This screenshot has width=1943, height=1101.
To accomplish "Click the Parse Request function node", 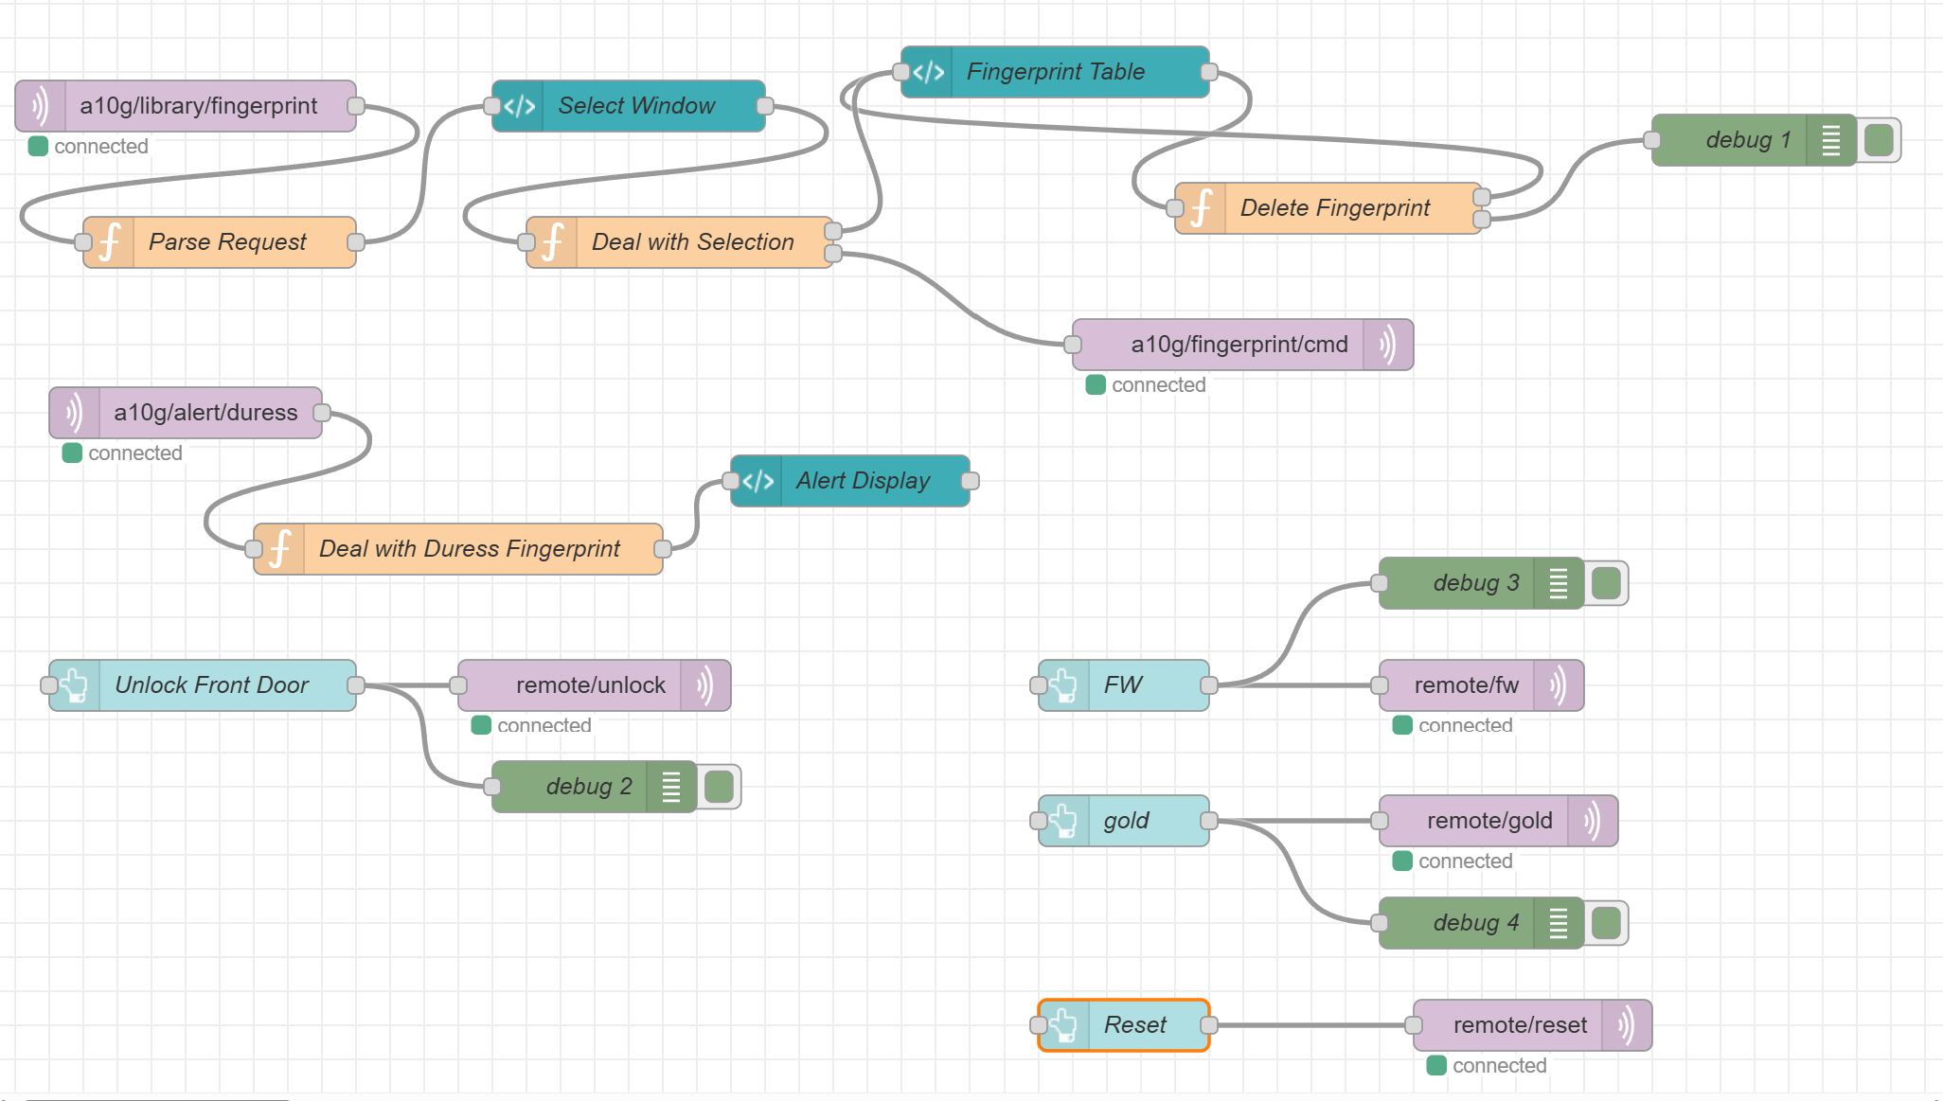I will (227, 242).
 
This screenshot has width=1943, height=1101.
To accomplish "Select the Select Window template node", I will (636, 106).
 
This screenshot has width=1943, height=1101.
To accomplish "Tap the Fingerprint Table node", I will (1055, 72).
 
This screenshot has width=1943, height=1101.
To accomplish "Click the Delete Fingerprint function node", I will (1334, 208).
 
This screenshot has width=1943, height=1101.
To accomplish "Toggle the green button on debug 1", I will (1878, 140).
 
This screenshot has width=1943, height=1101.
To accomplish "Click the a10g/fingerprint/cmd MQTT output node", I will (1239, 345).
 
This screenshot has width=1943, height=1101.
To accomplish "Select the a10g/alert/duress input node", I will (205, 413).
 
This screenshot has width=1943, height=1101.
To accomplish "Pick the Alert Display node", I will (862, 481).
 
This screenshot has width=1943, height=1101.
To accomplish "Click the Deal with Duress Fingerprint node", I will (469, 549).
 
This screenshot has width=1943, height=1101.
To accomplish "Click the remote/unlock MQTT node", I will (590, 685).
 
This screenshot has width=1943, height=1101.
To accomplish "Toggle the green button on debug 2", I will (719, 787).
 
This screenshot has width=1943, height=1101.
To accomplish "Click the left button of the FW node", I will (1040, 685).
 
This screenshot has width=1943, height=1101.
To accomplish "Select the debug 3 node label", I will (1475, 583).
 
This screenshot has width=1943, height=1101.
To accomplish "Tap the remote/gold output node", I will (1488, 821).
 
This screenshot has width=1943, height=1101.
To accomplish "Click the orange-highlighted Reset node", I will (1134, 1025).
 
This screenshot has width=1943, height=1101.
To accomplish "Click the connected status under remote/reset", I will (1498, 1066).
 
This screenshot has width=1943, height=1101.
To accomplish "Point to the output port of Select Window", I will (765, 106).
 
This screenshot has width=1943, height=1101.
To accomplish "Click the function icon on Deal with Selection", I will (553, 242).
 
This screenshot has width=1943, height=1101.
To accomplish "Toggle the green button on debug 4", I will (1605, 923).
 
